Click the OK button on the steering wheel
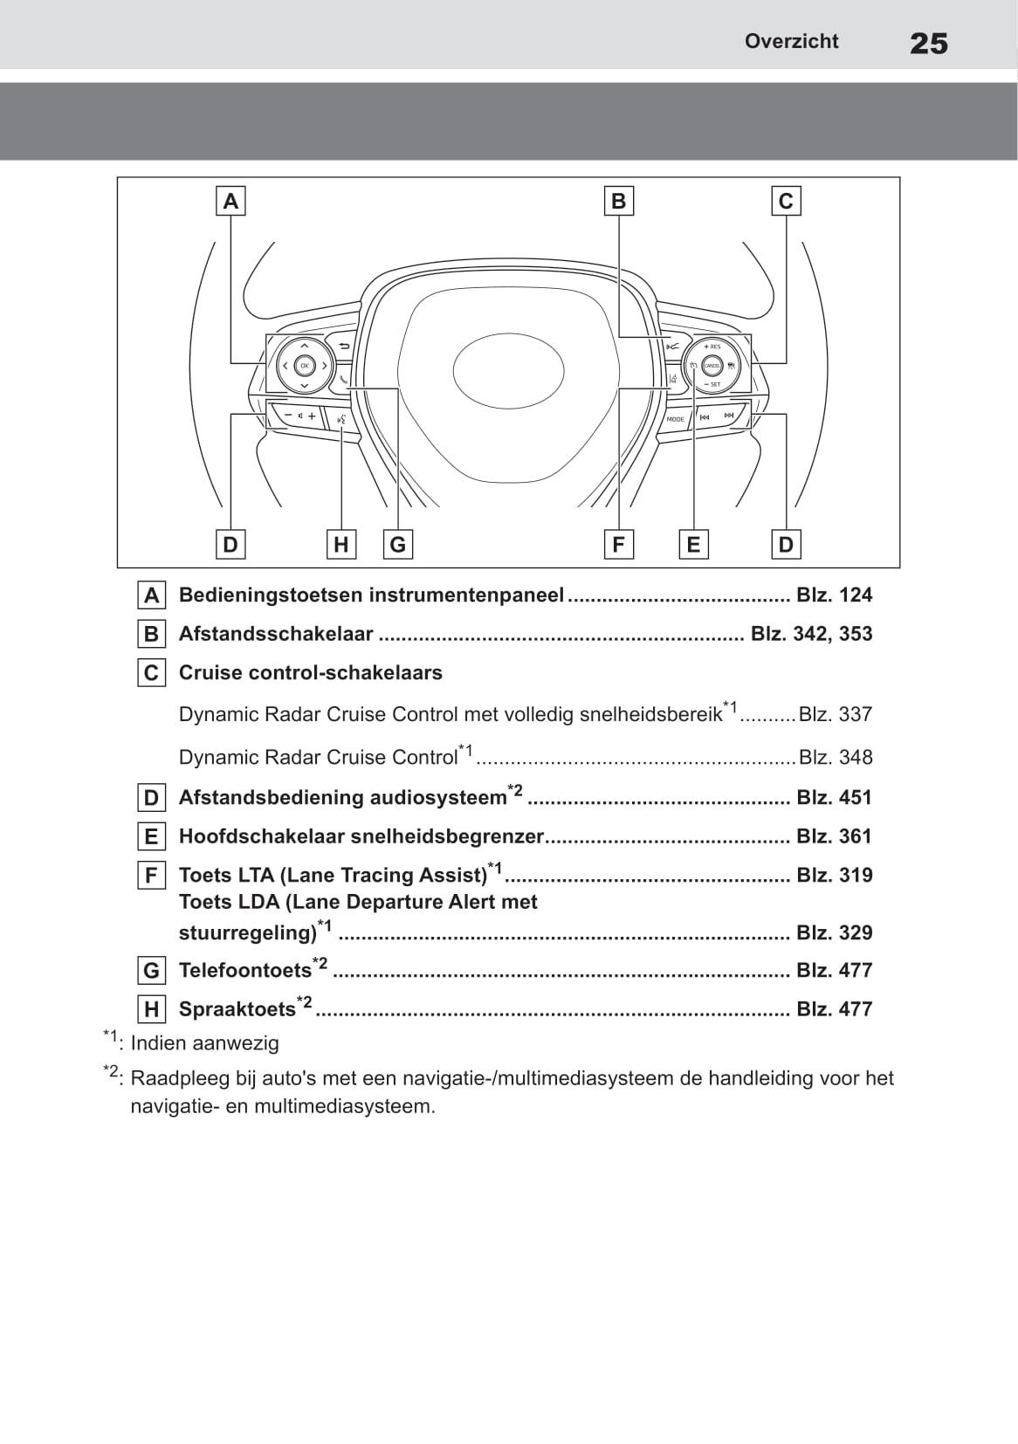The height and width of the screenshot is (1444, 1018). point(304,366)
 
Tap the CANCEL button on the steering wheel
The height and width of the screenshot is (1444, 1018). point(712,366)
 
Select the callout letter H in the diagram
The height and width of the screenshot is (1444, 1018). point(341,545)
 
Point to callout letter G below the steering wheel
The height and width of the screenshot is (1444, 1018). point(398,545)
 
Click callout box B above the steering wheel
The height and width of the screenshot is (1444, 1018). point(618,201)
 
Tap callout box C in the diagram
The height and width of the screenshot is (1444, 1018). point(786,201)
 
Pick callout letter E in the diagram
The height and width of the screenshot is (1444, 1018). point(693,545)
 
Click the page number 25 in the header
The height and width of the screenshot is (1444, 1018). point(928,43)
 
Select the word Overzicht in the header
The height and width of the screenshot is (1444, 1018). point(791,41)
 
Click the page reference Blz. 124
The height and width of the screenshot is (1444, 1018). point(834,595)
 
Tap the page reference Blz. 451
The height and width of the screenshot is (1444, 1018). point(834,797)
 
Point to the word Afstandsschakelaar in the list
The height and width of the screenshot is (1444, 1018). point(276,634)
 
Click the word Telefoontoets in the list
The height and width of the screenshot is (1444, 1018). point(245,971)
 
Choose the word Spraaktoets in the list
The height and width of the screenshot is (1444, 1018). point(237,1009)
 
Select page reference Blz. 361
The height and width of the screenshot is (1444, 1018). point(834,836)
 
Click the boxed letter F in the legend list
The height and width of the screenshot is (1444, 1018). point(152,875)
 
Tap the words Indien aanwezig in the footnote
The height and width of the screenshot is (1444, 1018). point(204,1043)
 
